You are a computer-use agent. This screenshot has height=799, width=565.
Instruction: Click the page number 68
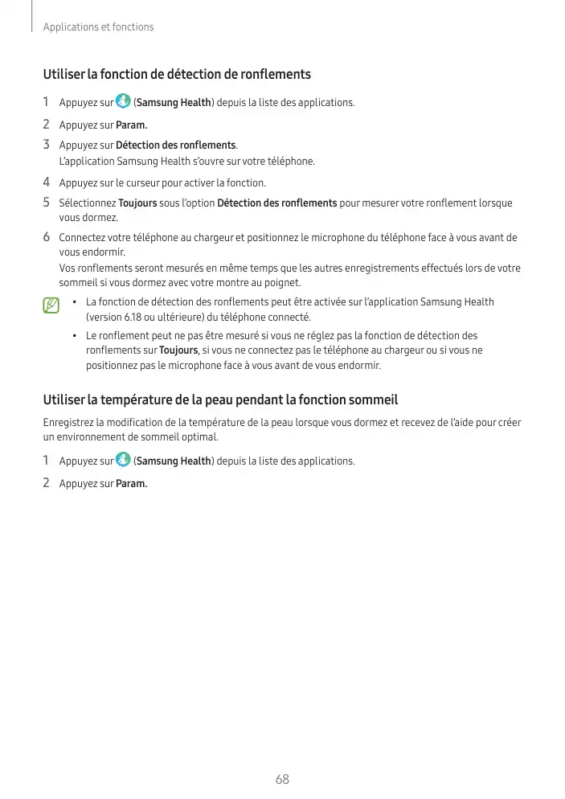coord(282,779)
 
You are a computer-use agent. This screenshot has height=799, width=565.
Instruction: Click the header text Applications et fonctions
coord(98,27)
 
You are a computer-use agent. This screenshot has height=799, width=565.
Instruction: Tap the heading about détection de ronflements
coord(177,75)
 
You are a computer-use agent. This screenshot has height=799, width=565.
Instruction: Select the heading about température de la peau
coord(220,399)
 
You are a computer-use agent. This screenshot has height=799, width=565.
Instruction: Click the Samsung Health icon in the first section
coord(123,101)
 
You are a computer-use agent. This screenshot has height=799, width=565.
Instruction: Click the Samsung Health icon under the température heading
coord(123,460)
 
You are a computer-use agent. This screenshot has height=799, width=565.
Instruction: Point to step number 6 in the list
coord(47,237)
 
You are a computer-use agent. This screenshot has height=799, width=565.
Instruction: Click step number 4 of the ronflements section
coord(47,182)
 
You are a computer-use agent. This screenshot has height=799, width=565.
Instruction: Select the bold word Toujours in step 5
coord(137,203)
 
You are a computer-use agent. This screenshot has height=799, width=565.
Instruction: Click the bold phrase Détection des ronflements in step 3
coord(176,145)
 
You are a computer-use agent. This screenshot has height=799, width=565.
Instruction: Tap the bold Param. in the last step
coord(132,484)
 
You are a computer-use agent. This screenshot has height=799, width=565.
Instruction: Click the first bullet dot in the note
coord(73,302)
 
